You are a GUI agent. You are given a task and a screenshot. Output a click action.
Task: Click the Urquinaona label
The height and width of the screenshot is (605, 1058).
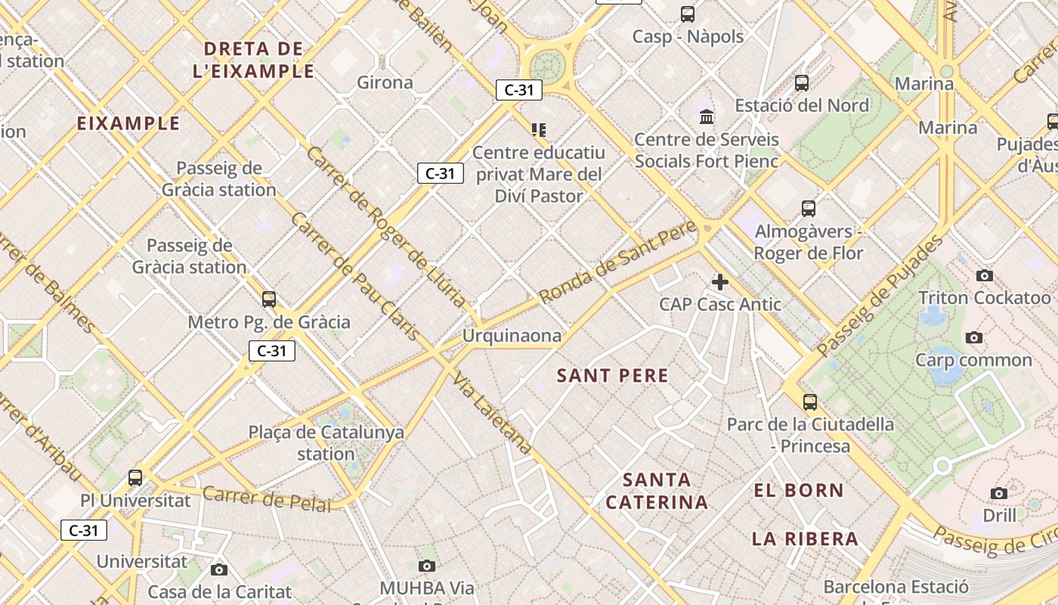click(x=512, y=336)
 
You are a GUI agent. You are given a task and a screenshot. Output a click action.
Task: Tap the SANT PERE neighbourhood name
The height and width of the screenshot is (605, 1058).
click(x=612, y=376)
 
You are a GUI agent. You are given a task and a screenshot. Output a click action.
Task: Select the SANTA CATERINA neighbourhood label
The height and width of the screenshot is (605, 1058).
click(x=657, y=491)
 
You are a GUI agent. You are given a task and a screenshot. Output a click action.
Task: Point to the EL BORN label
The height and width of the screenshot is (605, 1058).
click(x=799, y=490)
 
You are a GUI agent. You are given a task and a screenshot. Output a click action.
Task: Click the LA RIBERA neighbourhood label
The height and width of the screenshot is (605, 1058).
click(x=805, y=539)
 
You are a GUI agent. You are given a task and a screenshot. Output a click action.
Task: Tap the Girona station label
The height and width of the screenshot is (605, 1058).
click(x=385, y=82)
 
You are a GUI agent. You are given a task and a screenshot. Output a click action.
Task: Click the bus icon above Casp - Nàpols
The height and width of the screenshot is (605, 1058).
click(x=688, y=14)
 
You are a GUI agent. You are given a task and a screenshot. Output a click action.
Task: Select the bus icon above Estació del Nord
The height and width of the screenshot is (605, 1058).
click(x=802, y=82)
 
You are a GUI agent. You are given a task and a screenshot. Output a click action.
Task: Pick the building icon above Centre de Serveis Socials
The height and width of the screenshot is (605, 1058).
click(x=707, y=116)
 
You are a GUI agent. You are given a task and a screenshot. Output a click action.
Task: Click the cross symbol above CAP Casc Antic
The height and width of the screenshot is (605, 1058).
click(x=720, y=282)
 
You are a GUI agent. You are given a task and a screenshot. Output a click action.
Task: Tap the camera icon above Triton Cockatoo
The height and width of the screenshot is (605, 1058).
click(x=984, y=275)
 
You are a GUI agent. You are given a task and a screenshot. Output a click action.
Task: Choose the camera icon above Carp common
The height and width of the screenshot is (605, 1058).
click(x=974, y=337)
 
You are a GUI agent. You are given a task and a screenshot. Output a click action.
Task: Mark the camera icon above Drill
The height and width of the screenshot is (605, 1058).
click(x=999, y=493)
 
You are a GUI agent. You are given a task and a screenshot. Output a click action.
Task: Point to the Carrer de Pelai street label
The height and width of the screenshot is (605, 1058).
click(x=267, y=499)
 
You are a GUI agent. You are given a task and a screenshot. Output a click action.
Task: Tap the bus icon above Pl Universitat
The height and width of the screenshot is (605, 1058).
click(x=135, y=478)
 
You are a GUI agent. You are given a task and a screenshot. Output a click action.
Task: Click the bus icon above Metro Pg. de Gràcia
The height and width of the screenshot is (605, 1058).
click(x=269, y=299)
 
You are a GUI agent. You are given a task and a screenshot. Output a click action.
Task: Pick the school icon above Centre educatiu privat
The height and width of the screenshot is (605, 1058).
click(x=538, y=130)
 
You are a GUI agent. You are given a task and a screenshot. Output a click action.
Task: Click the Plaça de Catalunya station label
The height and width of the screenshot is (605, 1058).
click(x=326, y=443)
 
